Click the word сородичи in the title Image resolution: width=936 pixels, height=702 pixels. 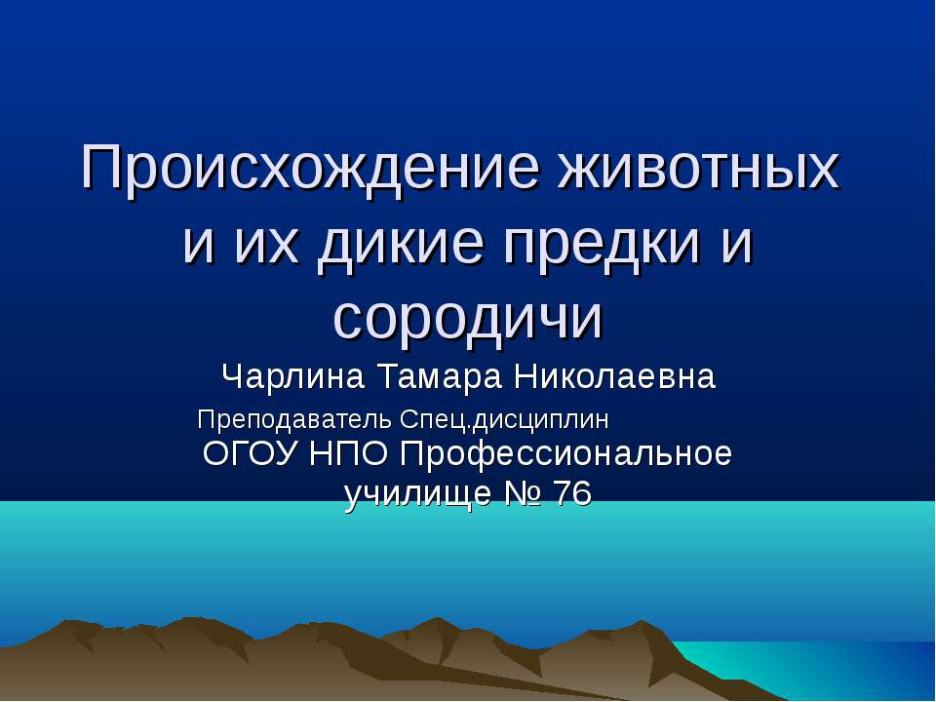click(x=468, y=317)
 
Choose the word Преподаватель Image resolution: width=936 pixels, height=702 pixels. click(x=295, y=420)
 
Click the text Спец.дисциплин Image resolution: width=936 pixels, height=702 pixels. click(x=504, y=420)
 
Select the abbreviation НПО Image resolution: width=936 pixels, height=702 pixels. click(x=348, y=454)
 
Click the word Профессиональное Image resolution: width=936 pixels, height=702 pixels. click(x=566, y=455)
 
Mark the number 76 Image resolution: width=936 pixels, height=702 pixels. click(x=572, y=495)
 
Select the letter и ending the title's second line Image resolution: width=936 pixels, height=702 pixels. click(x=739, y=244)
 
